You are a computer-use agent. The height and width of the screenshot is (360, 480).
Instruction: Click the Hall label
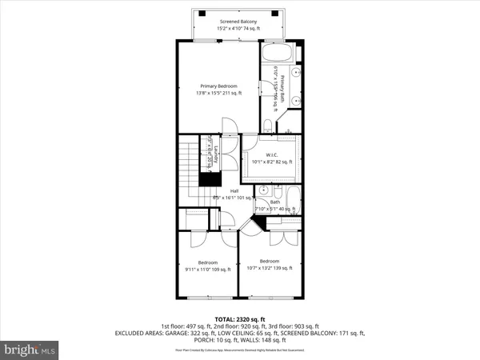point(234,191)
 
